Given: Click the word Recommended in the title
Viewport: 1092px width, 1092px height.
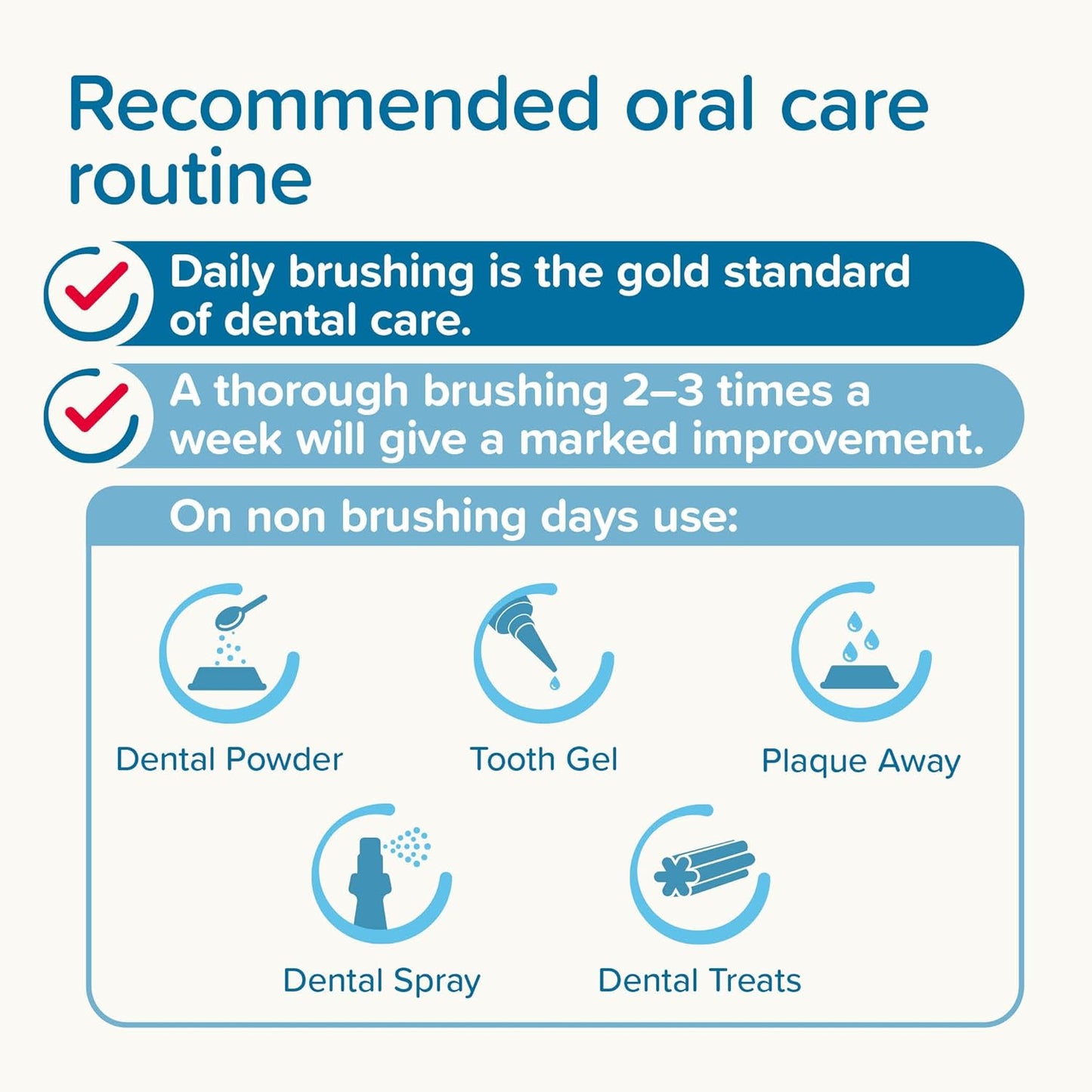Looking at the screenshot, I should click(x=333, y=106).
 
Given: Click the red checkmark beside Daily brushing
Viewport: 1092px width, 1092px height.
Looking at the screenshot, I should click(x=95, y=288).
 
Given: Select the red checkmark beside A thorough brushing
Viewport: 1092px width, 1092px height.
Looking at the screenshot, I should click(x=95, y=409).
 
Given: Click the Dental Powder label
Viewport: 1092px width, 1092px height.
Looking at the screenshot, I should click(x=229, y=759).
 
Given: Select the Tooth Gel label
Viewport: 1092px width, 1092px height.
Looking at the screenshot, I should click(x=543, y=759).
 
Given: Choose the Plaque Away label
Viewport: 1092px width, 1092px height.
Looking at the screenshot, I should click(x=861, y=761).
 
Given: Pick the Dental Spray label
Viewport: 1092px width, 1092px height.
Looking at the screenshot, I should click(x=382, y=981).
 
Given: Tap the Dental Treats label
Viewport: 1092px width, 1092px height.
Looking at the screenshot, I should click(x=699, y=981).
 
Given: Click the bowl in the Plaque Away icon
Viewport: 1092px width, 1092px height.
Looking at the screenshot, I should click(x=860, y=676).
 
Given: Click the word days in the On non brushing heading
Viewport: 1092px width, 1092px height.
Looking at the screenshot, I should click(x=589, y=518).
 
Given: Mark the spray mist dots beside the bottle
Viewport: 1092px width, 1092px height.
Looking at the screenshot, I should click(x=410, y=846).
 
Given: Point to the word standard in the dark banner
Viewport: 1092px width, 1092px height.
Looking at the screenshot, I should click(x=816, y=272).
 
